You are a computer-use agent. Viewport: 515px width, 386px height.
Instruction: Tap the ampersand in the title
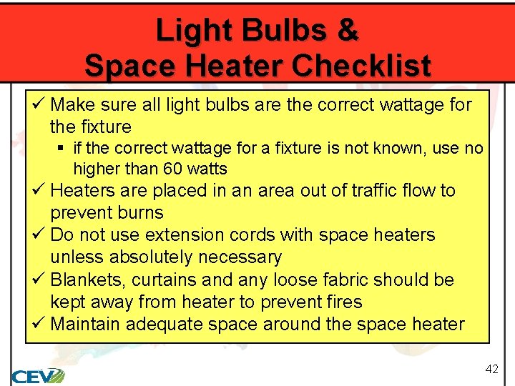click(347, 31)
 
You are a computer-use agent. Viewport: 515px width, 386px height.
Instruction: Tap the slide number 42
click(491, 369)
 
